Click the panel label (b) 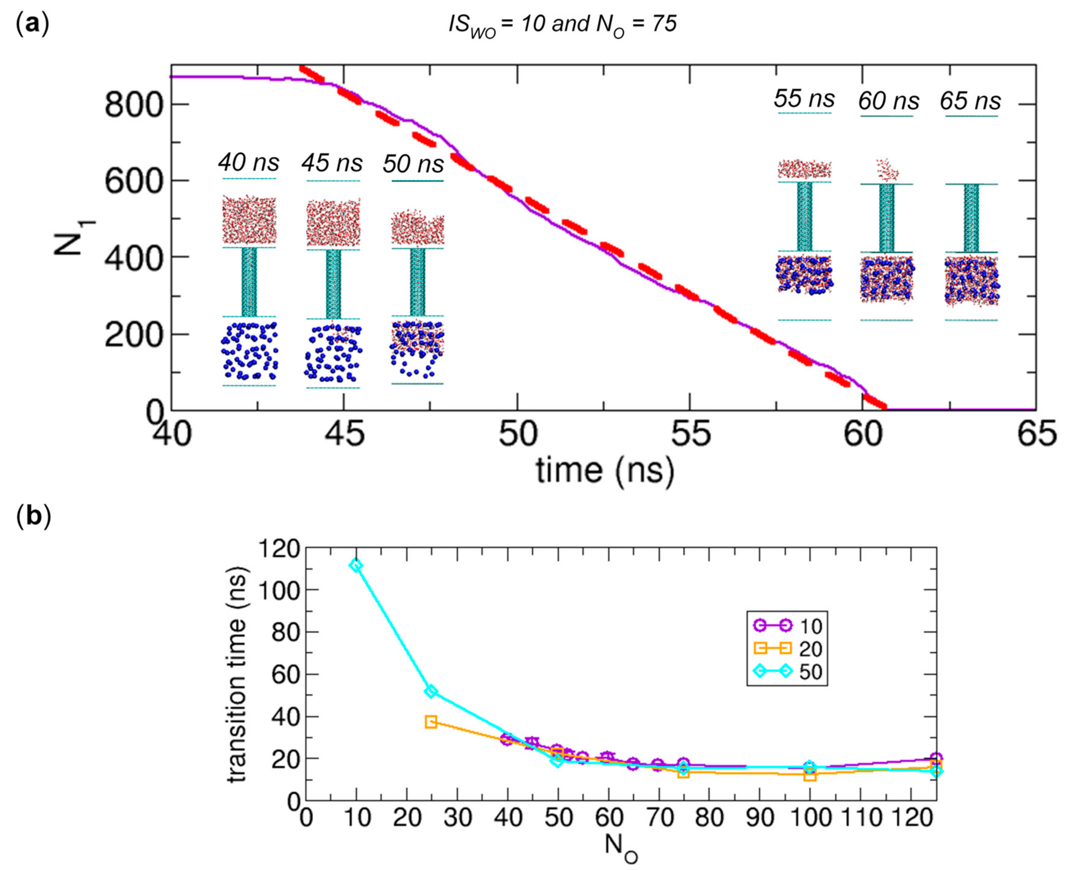(x=33, y=517)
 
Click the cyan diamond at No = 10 (x=356, y=565)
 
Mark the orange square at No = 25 (x=431, y=722)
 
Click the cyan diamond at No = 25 (x=431, y=692)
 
